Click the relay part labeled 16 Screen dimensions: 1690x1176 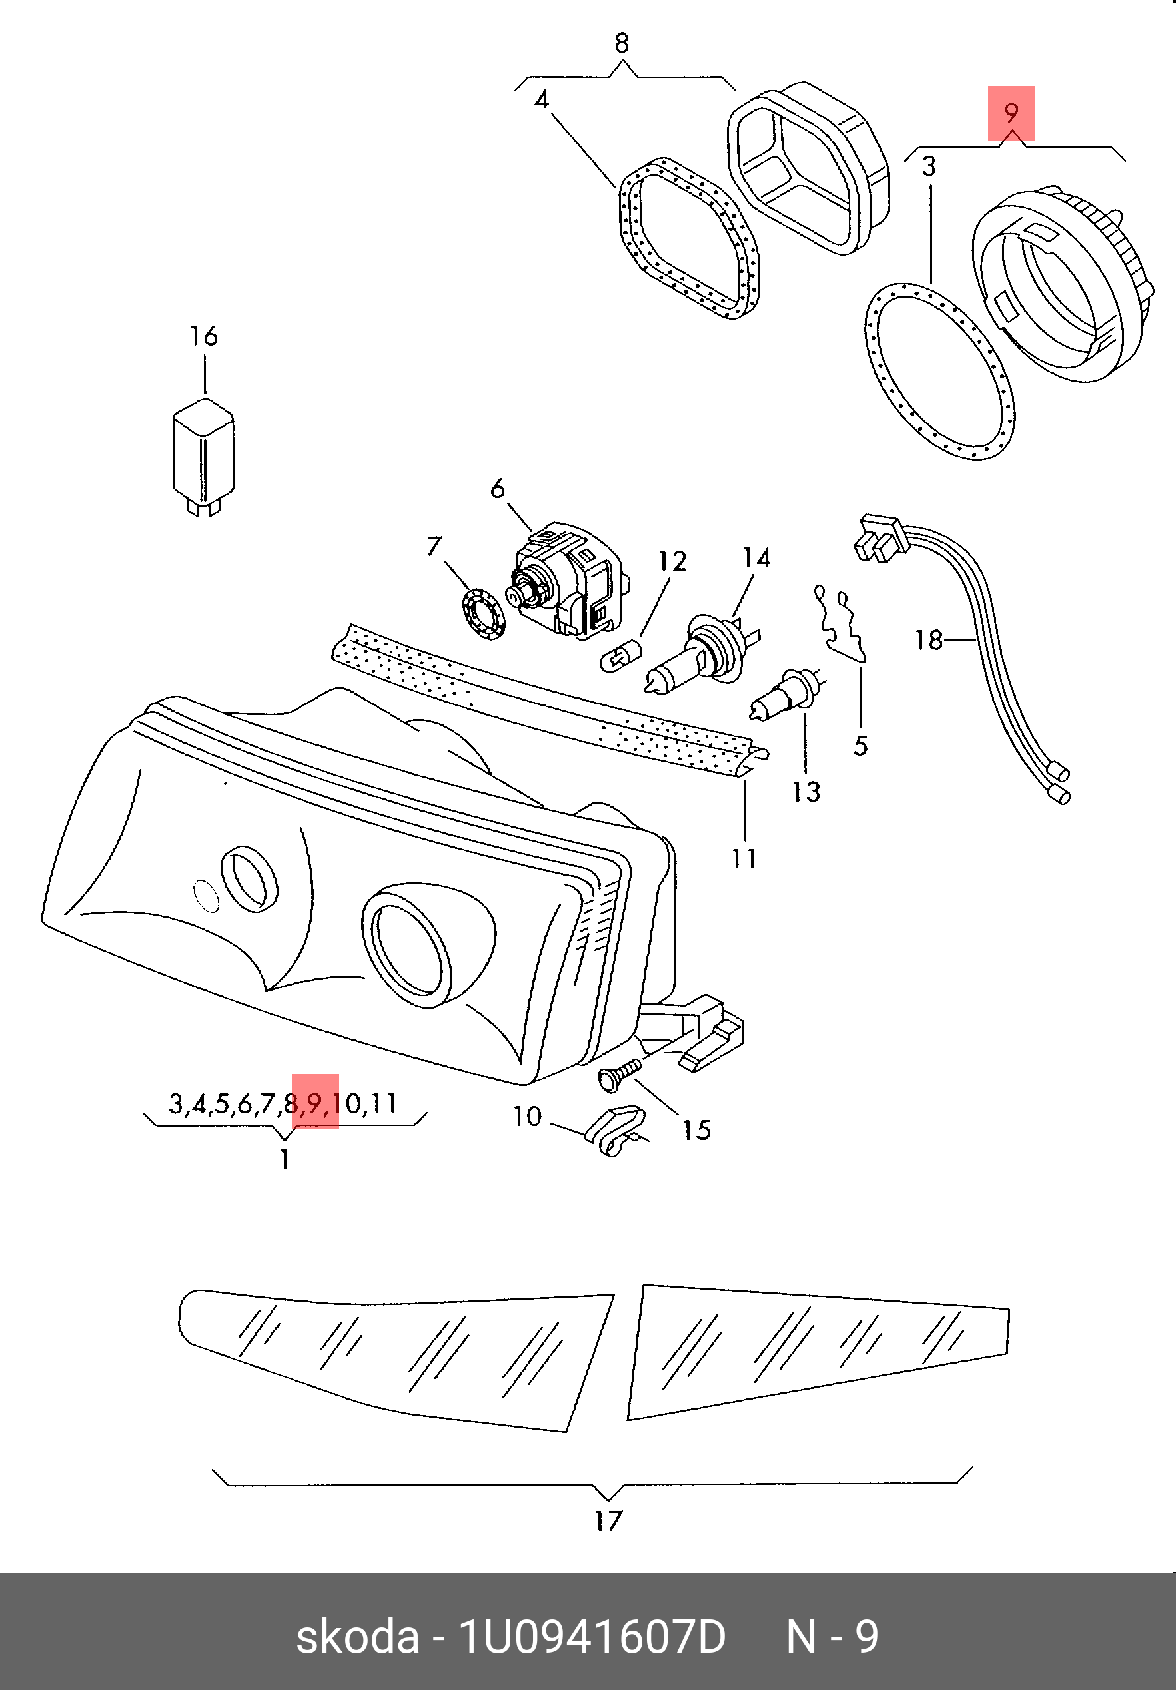pyautogui.click(x=203, y=453)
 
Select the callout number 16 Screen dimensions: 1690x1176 pyautogui.click(x=204, y=336)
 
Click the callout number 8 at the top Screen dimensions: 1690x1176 pyautogui.click(x=622, y=43)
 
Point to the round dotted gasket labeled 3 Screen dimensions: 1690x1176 pyautogui.click(x=938, y=372)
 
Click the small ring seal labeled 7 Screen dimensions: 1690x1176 pyautogui.click(x=485, y=614)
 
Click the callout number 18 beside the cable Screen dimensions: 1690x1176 pyautogui.click(x=929, y=640)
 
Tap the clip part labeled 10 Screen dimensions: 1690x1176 pyautogui.click(x=614, y=1133)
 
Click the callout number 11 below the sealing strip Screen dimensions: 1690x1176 pyautogui.click(x=744, y=858)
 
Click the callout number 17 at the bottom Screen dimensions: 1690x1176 pyautogui.click(x=608, y=1520)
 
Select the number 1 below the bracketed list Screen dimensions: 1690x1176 pyautogui.click(x=285, y=1159)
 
